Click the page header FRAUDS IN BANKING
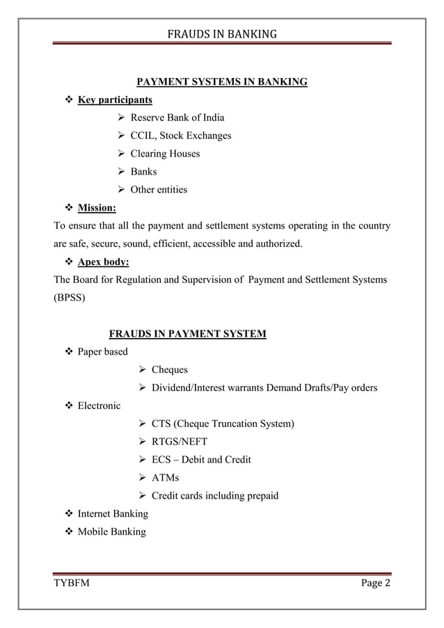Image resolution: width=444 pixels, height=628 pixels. click(222, 33)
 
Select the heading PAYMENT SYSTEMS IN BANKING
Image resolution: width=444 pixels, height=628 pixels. click(221, 83)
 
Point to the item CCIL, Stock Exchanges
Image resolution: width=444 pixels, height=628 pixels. click(181, 135)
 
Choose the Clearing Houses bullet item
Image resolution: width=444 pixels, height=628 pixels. click(165, 153)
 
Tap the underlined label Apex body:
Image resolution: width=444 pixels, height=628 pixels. click(103, 262)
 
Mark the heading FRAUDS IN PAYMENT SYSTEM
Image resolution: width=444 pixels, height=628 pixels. click(188, 334)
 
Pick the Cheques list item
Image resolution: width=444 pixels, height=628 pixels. click(170, 369)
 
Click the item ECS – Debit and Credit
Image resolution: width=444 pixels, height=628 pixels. click(201, 460)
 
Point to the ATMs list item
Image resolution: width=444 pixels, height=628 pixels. click(165, 478)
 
